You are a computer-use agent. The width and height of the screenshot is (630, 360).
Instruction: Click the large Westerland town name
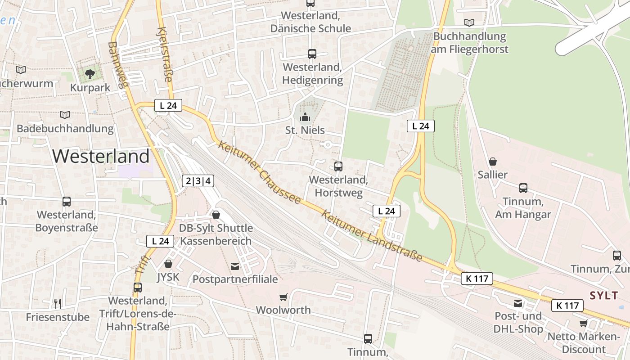click(101, 156)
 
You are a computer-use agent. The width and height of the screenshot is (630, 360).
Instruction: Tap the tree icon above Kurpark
click(90, 74)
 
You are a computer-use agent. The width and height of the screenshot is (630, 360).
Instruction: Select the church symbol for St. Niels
click(305, 117)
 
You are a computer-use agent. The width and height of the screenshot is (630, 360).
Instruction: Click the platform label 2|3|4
click(198, 181)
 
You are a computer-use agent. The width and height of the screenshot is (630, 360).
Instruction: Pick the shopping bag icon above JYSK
click(168, 264)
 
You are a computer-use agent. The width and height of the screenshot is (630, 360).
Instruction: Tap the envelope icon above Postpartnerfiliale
click(235, 266)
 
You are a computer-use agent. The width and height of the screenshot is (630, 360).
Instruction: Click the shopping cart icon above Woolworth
click(283, 297)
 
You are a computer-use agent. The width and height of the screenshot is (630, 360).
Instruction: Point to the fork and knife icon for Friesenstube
click(57, 303)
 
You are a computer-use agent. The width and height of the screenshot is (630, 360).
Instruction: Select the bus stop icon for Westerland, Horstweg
click(338, 166)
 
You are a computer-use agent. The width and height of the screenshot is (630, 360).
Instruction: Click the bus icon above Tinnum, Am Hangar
click(523, 188)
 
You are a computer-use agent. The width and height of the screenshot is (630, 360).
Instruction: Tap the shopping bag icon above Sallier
click(493, 162)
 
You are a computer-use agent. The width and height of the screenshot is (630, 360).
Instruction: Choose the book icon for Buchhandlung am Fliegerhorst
click(469, 22)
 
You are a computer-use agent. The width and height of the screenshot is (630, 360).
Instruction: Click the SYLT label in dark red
click(603, 296)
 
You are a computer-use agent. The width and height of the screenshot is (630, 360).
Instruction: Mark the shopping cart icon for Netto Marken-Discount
click(584, 323)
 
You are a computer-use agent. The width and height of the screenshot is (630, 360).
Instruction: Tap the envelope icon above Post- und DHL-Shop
click(518, 303)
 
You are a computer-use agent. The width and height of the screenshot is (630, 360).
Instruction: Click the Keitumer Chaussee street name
click(259, 172)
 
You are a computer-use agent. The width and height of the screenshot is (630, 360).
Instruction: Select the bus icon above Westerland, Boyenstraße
click(67, 202)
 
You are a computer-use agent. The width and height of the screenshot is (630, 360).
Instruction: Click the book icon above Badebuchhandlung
click(65, 115)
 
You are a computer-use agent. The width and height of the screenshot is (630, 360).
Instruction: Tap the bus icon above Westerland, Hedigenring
click(312, 54)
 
